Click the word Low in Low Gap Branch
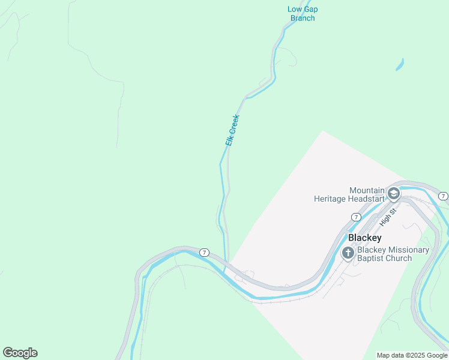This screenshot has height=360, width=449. [x=294, y=9]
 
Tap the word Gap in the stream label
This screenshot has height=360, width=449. [x=310, y=9]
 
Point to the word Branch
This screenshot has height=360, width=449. [x=303, y=18]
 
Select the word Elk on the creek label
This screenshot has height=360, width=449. [x=229, y=140]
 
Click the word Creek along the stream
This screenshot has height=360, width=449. [x=235, y=123]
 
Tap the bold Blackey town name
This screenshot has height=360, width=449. [x=365, y=238]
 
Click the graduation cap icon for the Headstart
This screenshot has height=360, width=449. [x=394, y=193]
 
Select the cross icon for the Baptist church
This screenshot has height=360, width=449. [x=348, y=254]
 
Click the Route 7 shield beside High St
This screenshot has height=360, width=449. [x=356, y=217]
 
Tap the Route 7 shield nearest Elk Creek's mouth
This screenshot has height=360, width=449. [x=204, y=252]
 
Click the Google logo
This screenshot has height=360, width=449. [x=20, y=353]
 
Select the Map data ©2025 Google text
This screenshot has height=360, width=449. [x=412, y=355]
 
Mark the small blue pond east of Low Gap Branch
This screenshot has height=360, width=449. [x=400, y=64]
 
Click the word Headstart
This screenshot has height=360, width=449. [x=367, y=198]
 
